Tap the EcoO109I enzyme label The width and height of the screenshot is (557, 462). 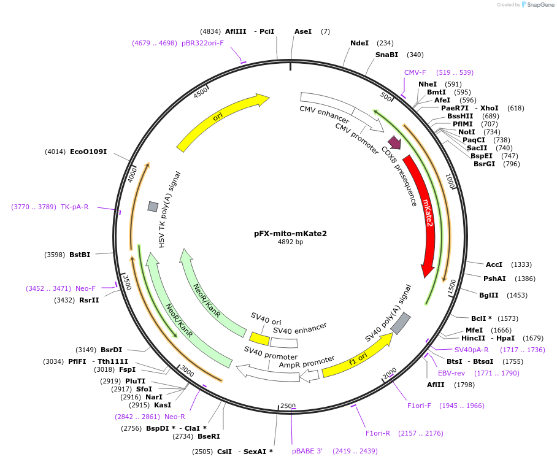click(x=88, y=151)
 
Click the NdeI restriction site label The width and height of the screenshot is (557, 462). click(x=359, y=43)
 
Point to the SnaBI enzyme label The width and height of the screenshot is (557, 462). click(x=386, y=55)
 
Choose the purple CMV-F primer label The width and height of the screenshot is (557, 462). click(x=415, y=72)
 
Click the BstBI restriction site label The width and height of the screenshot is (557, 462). click(x=80, y=255)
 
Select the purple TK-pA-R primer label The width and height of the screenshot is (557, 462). click(x=74, y=207)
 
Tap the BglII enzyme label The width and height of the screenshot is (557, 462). click(x=489, y=295)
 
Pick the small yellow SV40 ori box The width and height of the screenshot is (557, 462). click(x=259, y=339)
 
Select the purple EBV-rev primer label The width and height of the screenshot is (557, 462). click(x=451, y=372)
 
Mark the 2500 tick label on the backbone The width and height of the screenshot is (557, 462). click(x=288, y=406)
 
